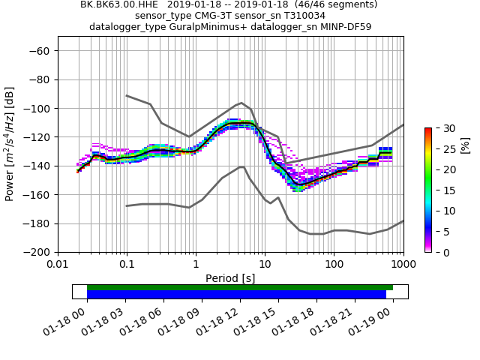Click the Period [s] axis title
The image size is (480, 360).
coord(230,278)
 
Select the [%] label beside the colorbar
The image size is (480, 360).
coord(465,144)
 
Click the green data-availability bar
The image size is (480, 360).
coord(240,287)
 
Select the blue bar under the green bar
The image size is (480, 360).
coord(236,295)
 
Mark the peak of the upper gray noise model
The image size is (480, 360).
coord(241,103)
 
